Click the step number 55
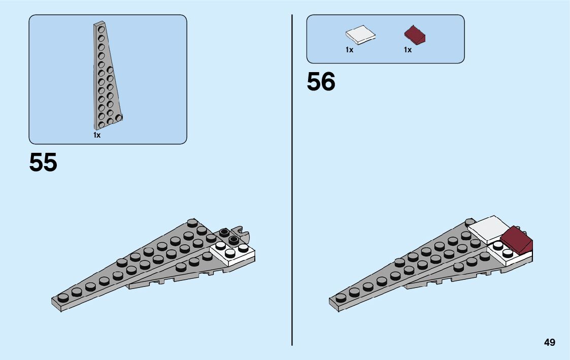[x=43, y=162]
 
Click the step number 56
[x=321, y=82]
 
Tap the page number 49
[x=550, y=343]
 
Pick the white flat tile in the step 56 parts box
[x=361, y=35]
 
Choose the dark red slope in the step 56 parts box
[x=415, y=35]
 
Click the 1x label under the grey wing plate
[x=97, y=135]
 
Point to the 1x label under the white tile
[x=349, y=50]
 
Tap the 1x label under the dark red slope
[x=408, y=50]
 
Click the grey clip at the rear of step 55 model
[x=244, y=235]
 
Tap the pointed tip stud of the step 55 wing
[x=63, y=298]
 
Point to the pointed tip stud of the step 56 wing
[x=341, y=298]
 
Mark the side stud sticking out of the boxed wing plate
[x=120, y=118]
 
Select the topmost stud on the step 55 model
[x=192, y=222]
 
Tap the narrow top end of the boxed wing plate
[x=98, y=24]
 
